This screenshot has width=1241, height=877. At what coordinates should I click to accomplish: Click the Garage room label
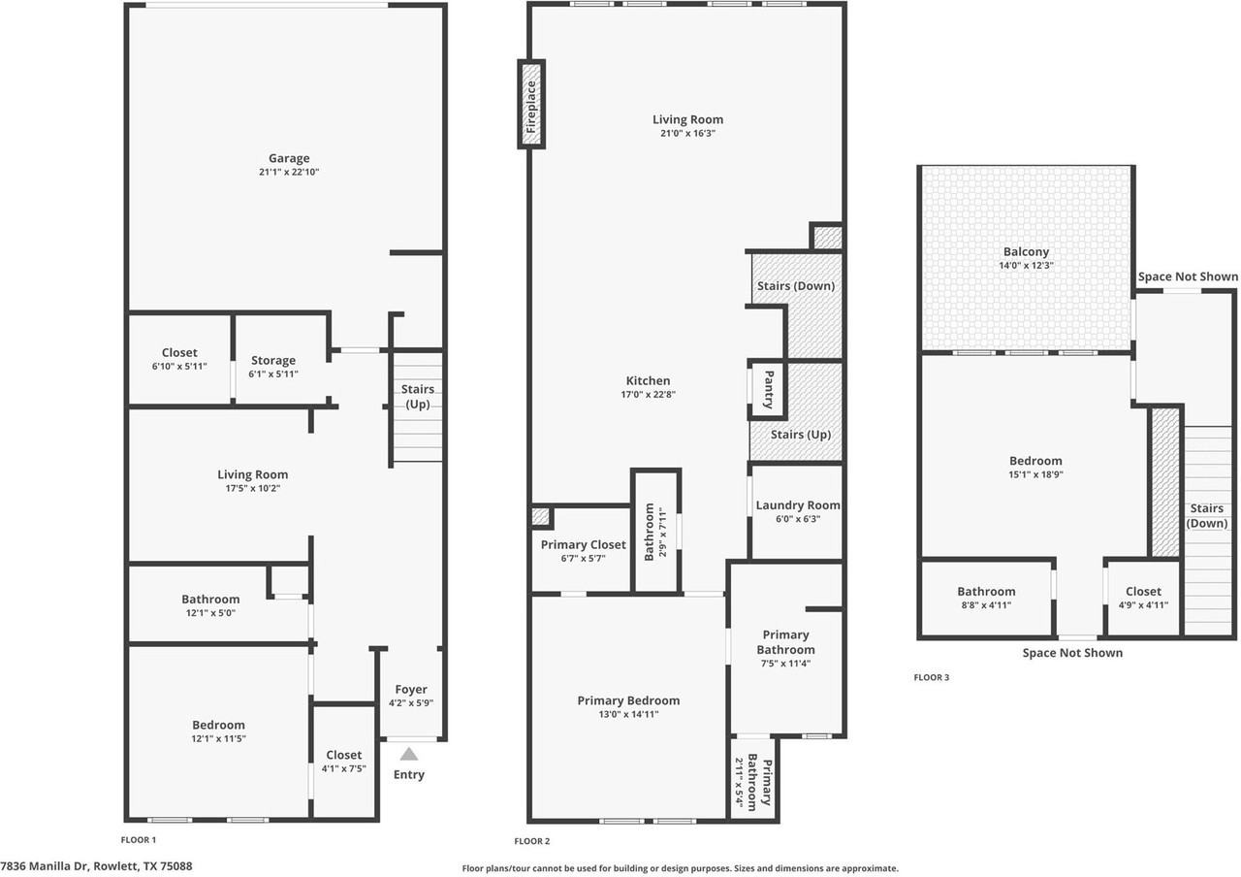(x=289, y=158)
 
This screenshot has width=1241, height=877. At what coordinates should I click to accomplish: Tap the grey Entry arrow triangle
(x=409, y=754)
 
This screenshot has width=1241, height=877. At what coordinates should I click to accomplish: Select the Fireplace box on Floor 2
(x=531, y=104)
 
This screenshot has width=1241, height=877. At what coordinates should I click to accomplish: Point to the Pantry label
(x=769, y=390)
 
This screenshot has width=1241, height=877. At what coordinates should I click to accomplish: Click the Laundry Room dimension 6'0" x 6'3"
(x=798, y=519)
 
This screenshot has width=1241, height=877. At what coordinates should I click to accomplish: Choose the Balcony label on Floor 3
(x=1026, y=251)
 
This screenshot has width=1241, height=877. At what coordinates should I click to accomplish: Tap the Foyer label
(x=410, y=689)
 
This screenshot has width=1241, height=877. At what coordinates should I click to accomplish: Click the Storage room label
(x=273, y=360)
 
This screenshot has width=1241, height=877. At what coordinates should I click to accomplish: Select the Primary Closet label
(x=584, y=544)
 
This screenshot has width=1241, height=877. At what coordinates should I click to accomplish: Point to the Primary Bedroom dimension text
(x=628, y=714)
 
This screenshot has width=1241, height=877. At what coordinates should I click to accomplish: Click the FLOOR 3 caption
(x=932, y=677)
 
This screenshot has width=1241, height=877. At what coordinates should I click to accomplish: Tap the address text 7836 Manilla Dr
(x=45, y=866)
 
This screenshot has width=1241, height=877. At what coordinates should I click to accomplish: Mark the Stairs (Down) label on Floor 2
(x=796, y=286)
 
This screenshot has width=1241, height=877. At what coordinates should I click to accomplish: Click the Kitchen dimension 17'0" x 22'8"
(x=649, y=394)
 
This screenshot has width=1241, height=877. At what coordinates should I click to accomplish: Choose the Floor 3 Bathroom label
(x=986, y=592)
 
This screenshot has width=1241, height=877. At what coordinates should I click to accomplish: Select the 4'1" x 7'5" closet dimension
(x=343, y=768)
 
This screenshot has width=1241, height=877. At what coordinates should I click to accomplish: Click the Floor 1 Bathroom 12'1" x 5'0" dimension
(x=210, y=612)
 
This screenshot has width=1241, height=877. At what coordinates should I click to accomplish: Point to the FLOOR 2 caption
(x=532, y=841)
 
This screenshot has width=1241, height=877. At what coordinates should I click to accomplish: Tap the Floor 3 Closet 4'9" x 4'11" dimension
(x=1143, y=604)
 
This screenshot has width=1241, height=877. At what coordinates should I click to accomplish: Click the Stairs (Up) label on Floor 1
(x=417, y=397)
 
